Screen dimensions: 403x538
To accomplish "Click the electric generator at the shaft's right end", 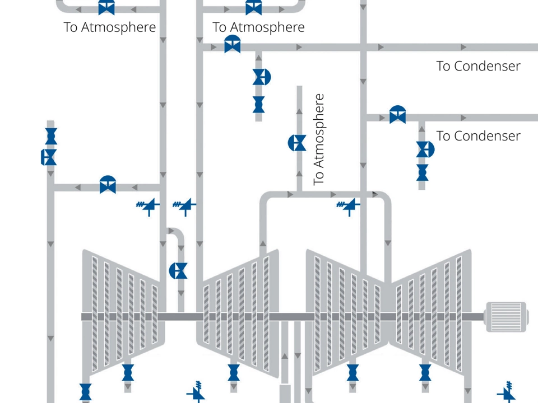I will click(x=506, y=317).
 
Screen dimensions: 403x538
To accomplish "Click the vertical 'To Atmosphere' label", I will click(x=319, y=140).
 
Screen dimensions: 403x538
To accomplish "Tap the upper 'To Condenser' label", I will click(x=478, y=66).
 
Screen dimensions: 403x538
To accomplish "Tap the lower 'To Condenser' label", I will click(x=478, y=136).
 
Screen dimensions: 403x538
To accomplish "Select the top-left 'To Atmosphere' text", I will click(x=110, y=27).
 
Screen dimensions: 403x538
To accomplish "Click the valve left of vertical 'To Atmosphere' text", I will click(x=298, y=143).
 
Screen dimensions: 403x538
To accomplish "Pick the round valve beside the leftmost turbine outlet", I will click(x=179, y=271).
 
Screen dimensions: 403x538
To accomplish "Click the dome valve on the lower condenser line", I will click(x=398, y=114).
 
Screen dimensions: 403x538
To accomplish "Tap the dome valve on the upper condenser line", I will click(x=233, y=44).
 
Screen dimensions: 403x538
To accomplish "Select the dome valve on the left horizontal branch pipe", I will click(x=108, y=184).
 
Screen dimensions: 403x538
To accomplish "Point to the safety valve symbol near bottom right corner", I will click(x=507, y=391).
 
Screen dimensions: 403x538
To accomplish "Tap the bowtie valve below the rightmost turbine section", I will click(x=425, y=372).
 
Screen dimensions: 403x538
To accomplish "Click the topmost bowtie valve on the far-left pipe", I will click(x=51, y=135).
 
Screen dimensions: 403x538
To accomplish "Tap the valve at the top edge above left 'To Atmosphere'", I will click(x=106, y=7).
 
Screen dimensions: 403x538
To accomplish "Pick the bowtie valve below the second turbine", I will click(x=234, y=372).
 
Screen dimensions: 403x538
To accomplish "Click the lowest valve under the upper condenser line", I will click(x=258, y=104).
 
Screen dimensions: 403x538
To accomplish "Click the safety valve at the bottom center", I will click(x=197, y=392).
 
